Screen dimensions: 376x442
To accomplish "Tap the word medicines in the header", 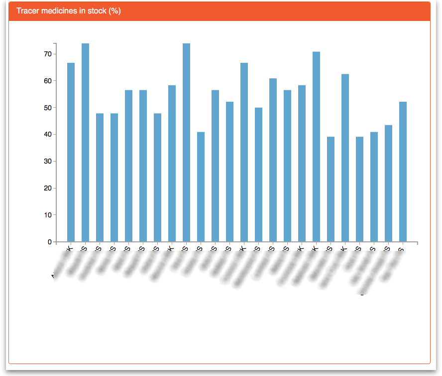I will coord(58,11).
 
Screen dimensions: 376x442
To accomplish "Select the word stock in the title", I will coord(96,11).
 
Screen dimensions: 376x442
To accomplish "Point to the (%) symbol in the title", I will coord(114,11).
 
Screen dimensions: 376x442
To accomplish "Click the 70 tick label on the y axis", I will coord(48,54).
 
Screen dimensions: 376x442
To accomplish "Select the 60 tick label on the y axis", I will coord(48,81).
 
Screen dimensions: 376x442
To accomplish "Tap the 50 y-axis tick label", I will coord(48,108).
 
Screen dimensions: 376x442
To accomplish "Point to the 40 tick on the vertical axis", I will coord(48,135).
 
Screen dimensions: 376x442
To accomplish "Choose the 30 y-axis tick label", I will coord(48,162).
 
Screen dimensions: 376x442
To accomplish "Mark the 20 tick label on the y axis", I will coord(48,188).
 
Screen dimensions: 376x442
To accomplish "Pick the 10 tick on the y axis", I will coord(48,215).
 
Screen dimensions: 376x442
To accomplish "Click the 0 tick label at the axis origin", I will coord(50,242).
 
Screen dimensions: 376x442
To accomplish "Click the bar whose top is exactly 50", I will coord(258,175).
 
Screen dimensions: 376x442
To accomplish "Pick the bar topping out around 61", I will coord(273,160).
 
